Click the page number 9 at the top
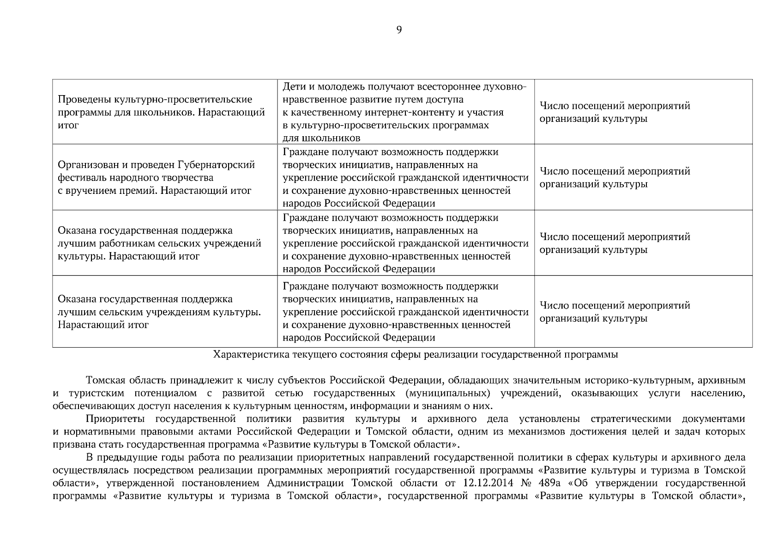coord(399,30)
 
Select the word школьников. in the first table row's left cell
coord(167,112)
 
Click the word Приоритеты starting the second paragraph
coord(115,419)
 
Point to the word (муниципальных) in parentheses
coord(448,393)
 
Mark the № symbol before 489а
coord(524,483)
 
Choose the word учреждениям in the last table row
coord(179,312)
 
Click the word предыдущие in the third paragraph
coord(124,458)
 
